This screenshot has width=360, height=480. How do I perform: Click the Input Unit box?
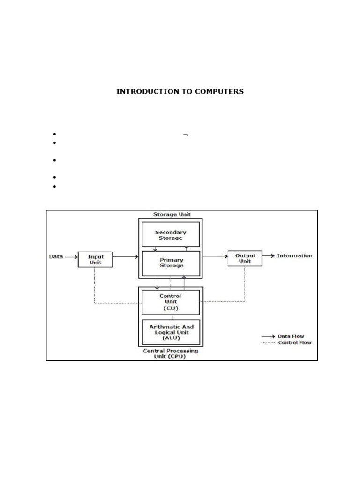95,259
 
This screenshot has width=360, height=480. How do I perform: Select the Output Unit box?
245,258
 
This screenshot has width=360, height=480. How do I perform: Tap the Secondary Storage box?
170,235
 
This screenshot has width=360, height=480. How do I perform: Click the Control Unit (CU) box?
170,302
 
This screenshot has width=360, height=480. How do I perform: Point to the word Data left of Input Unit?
56,256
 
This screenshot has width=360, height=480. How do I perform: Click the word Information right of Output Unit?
294,255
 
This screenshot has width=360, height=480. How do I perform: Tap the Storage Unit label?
172,214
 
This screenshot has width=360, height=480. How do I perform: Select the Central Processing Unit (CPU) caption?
170,353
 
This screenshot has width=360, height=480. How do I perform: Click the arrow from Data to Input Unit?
71,257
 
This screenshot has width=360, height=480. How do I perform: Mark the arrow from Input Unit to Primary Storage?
126,257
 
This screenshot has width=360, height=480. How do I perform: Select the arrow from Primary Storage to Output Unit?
214,256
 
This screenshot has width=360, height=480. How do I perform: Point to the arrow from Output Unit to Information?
268,256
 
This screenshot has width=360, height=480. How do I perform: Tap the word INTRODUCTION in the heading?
147,91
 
